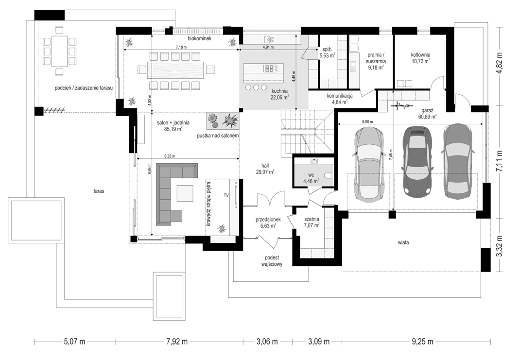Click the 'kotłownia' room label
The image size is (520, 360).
tap(420, 55)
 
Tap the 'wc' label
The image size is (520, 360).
tap(311, 175)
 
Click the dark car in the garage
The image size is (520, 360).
tap(417, 160)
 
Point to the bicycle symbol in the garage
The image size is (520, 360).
tap(400, 106)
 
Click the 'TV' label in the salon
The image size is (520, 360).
tap(226, 195)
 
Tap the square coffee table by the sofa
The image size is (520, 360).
tap(185, 193)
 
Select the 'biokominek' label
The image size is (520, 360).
tap(200, 38)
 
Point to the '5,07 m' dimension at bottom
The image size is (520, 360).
tap(75, 342)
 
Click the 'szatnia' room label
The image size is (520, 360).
tap(312, 219)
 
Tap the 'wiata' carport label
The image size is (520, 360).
tap(403, 242)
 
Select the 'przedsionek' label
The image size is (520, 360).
tap(268, 220)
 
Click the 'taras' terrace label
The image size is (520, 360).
tap(99, 191)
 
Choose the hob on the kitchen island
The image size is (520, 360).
tap(271, 69)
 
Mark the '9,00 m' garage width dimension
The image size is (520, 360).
tap(367, 121)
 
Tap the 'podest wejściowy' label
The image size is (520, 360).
tap(272, 261)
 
